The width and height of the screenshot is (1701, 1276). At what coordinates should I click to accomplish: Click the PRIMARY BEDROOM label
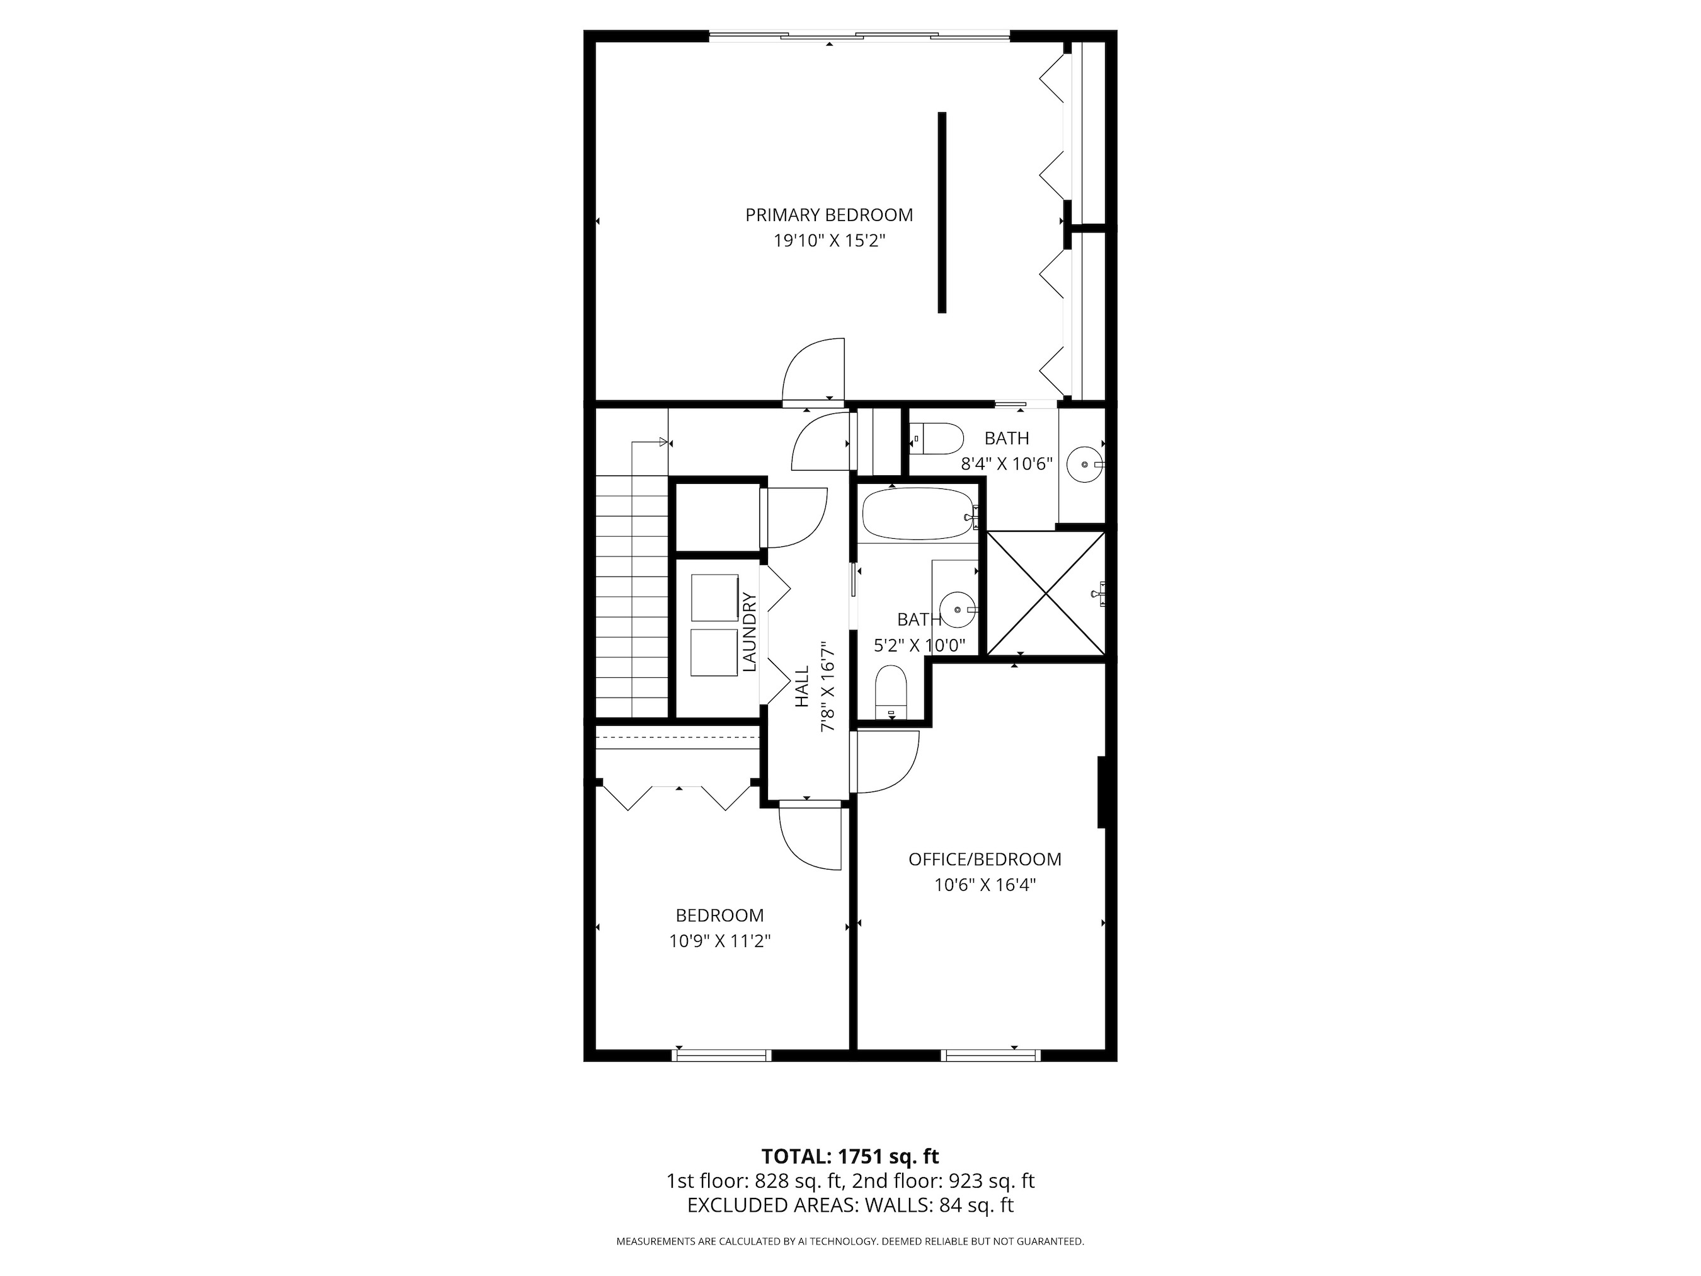tap(829, 216)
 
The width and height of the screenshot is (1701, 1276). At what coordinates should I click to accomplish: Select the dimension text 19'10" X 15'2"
tap(829, 241)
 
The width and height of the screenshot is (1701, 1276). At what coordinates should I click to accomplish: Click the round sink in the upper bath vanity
tap(1085, 465)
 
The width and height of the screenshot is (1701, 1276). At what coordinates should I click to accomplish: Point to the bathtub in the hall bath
tap(917, 515)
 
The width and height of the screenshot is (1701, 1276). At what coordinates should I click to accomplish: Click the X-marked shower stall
tap(1045, 594)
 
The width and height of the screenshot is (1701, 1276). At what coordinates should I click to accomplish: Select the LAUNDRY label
tap(750, 632)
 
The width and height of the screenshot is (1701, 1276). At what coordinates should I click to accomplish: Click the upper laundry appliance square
tap(714, 597)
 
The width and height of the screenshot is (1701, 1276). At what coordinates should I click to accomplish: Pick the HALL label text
tap(802, 686)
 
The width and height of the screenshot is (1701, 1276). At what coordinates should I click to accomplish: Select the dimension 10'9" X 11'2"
tap(719, 941)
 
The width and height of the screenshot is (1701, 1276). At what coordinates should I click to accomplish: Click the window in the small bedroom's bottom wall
tap(721, 1055)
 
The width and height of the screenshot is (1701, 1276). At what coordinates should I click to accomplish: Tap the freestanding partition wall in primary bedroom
tap(941, 212)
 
